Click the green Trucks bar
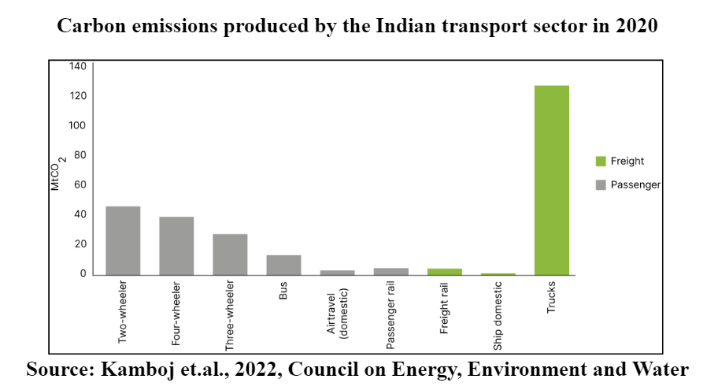pyautogui.click(x=551, y=180)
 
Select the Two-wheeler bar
pyautogui.click(x=123, y=240)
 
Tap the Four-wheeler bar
pyautogui.click(x=176, y=245)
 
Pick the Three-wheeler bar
pyautogui.click(x=230, y=254)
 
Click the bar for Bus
pyautogui.click(x=283, y=265)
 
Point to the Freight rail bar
pyautogui.click(x=444, y=272)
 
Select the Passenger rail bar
pyautogui.click(x=391, y=272)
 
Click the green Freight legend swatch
pyautogui.click(x=601, y=162)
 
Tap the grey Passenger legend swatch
pyautogui.click(x=601, y=185)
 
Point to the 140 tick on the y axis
pyautogui.click(x=76, y=66)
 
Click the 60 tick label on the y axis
pyautogui.click(x=79, y=185)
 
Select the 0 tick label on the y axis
pyautogui.click(x=82, y=274)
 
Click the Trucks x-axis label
pyautogui.click(x=551, y=296)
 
